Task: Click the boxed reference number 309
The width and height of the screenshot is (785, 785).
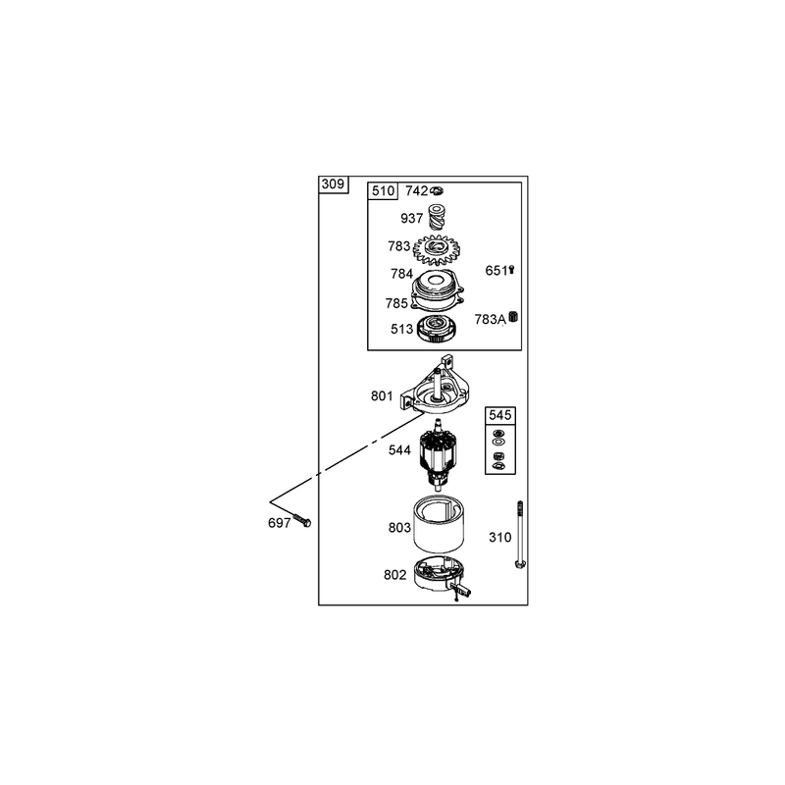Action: click(x=333, y=184)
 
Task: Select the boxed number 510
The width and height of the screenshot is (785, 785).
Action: click(x=383, y=190)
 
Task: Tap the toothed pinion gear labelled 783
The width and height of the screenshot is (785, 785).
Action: click(x=436, y=250)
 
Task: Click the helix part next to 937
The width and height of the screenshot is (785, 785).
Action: click(x=437, y=216)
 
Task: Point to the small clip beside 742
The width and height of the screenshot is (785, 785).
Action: click(x=437, y=190)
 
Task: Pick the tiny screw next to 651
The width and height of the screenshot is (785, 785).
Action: click(x=511, y=270)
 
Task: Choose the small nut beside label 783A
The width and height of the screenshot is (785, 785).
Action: click(x=512, y=317)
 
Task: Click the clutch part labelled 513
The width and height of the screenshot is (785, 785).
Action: click(x=438, y=330)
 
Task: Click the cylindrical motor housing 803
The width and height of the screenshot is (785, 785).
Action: click(x=439, y=523)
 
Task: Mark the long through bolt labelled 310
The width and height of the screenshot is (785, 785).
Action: click(x=520, y=535)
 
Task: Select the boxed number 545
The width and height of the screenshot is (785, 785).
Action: click(x=500, y=415)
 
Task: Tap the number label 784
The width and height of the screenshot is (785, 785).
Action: click(x=401, y=274)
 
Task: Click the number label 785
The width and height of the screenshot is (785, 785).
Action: click(x=396, y=303)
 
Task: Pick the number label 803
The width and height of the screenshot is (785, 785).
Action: click(x=399, y=528)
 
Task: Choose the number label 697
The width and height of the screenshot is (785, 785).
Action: click(x=280, y=523)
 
